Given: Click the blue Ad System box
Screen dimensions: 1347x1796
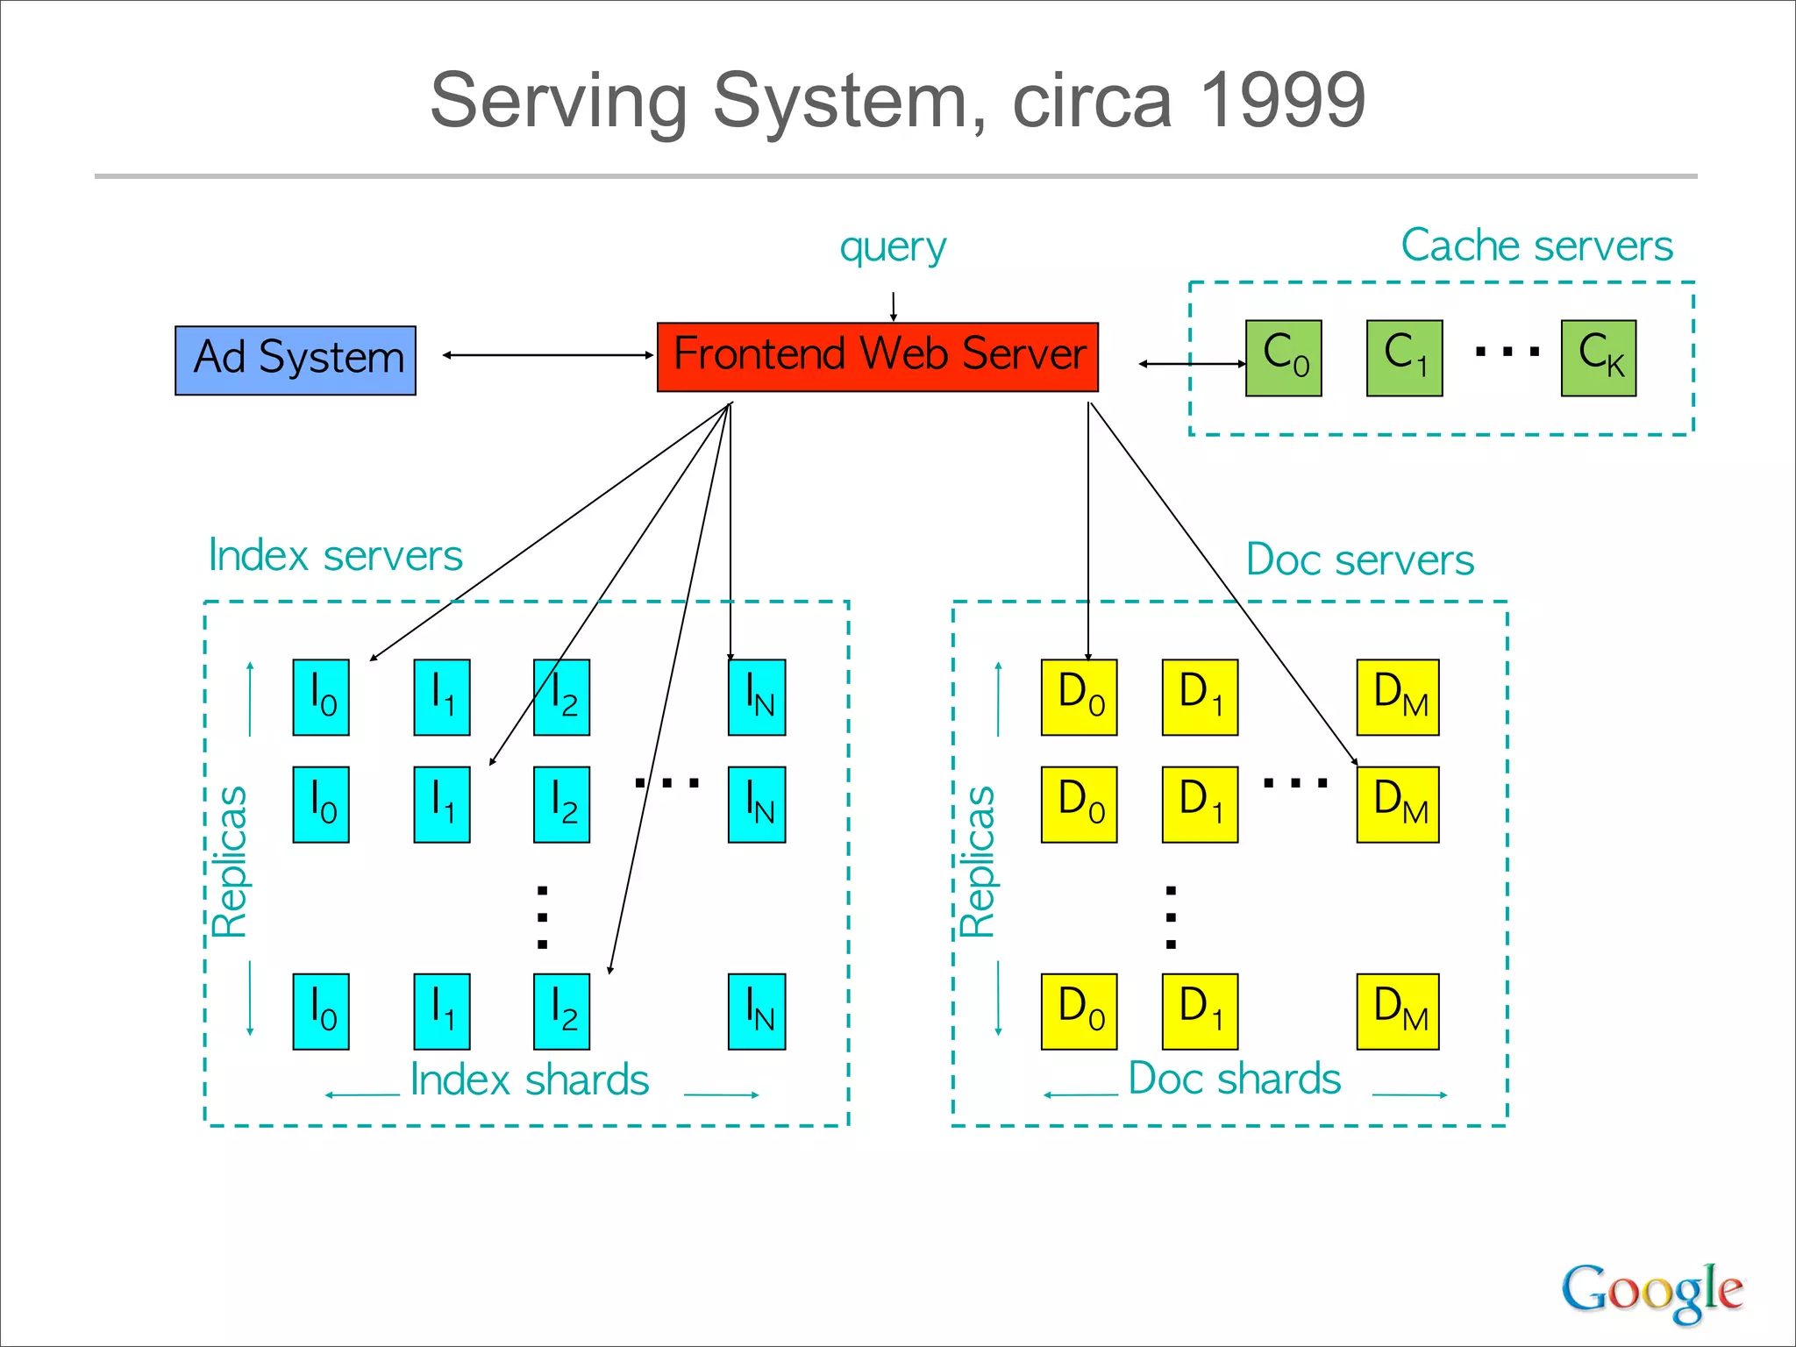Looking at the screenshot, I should coord(296,360).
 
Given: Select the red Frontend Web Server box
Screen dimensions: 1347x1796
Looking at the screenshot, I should coord(877,357).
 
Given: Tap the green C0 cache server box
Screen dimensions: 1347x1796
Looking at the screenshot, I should coord(1283,358).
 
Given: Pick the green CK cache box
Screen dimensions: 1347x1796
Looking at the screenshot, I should coord(1598,358).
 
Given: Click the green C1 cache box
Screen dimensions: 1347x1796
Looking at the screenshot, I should coord(1404,358).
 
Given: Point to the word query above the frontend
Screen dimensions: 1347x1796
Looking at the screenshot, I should coord(893,246).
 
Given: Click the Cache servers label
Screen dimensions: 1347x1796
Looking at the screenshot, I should coord(1536,246).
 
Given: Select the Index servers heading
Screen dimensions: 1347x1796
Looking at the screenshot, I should coord(335,556).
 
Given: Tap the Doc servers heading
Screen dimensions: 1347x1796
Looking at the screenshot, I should coord(1359,559).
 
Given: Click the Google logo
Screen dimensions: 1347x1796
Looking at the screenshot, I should coord(1651,1291).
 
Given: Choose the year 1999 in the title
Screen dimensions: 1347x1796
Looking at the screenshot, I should coord(1281,100).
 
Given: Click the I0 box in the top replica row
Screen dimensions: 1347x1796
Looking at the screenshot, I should coord(321,697).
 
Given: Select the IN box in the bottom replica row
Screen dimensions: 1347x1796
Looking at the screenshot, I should coord(757,1011).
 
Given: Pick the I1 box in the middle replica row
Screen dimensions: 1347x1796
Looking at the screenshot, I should coord(442,804).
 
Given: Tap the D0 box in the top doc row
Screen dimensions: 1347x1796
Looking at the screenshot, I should coord(1079,697).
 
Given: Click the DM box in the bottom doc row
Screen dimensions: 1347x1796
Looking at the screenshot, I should coord(1398,1011).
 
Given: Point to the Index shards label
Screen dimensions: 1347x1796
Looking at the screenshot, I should coord(530,1080).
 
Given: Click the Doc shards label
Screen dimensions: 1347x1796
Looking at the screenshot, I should coord(1234,1079).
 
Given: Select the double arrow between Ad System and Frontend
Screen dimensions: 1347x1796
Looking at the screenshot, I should coord(547,355).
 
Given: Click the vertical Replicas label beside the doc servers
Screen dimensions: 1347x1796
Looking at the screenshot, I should coord(977,861).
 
